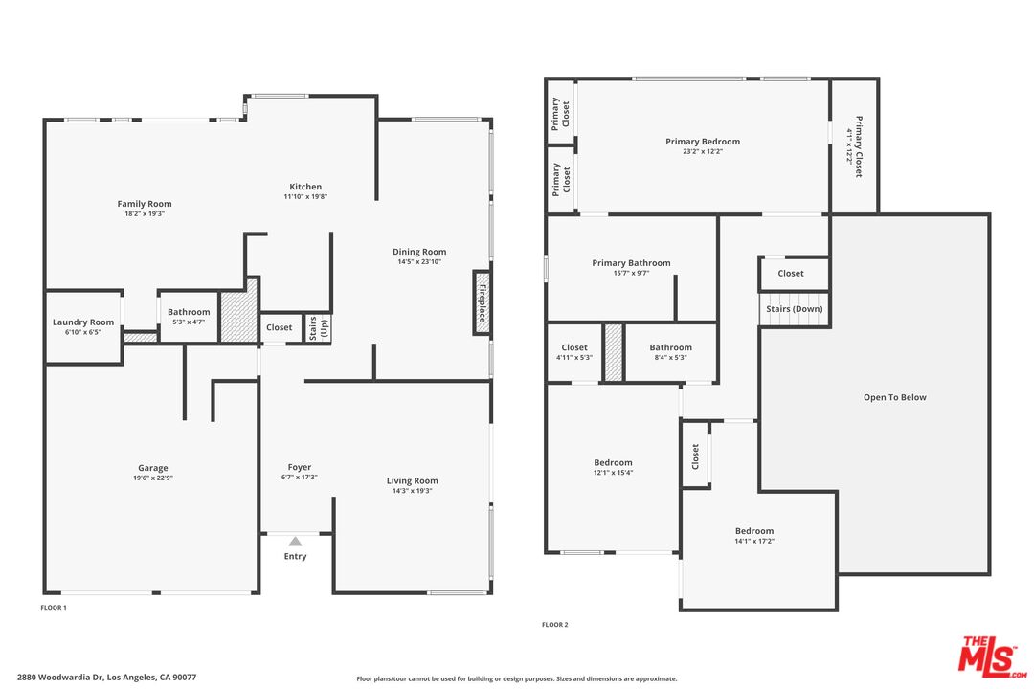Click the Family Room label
click(145, 204)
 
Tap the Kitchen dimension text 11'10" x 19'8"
click(305, 197)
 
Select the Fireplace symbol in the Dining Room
click(483, 302)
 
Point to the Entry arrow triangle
click(295, 542)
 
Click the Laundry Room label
click(83, 322)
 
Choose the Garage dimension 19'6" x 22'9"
click(153, 478)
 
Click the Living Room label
click(412, 481)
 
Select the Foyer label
click(299, 468)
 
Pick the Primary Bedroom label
click(703, 142)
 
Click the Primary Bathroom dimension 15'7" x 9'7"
click(631, 273)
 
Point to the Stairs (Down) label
click(794, 309)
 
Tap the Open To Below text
click(894, 397)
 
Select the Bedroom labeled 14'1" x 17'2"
click(753, 531)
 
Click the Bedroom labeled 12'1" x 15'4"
click(613, 463)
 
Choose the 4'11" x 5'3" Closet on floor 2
click(574, 348)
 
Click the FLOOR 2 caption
click(554, 625)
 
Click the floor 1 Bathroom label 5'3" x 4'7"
click(189, 312)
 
